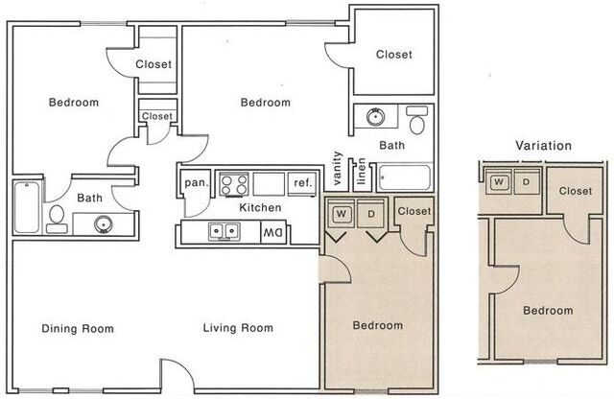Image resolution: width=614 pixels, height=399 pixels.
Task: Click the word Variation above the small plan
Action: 543,146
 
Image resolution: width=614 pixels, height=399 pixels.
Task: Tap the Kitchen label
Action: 260,207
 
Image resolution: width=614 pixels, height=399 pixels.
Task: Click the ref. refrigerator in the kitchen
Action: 302,182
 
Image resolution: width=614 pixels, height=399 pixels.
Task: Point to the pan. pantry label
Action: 196,182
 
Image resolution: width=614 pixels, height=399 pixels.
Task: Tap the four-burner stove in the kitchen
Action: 234,182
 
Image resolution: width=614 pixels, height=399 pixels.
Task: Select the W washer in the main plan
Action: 342,213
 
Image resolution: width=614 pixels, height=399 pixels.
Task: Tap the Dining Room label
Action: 78,329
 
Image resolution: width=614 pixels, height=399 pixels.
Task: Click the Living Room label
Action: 238,329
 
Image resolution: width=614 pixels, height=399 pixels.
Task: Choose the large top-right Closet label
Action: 393,55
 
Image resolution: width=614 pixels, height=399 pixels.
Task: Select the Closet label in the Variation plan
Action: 575,191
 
